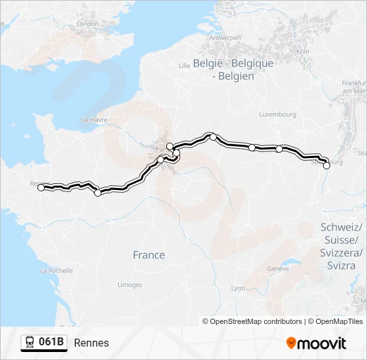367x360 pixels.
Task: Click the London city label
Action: point(87,24)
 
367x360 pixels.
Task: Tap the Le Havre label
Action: point(94,119)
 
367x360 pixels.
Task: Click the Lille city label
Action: point(185,65)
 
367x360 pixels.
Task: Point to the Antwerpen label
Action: point(225,38)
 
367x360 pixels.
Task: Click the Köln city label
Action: point(302,51)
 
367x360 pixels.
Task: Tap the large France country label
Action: point(148,255)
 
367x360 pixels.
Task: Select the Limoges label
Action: point(129,285)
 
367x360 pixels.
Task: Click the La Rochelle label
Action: point(56,271)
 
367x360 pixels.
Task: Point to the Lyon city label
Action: point(238,288)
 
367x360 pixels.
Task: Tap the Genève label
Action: point(278,269)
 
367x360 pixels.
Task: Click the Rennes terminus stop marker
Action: point(41,188)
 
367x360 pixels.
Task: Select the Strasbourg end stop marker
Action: point(326,166)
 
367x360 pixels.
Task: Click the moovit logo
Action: point(316,343)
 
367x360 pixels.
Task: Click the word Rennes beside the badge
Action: point(91,343)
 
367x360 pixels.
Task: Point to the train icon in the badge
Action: point(30,343)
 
